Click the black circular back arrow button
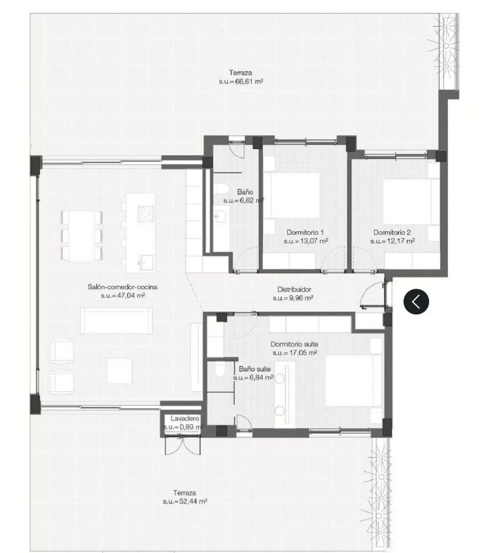click(416, 301)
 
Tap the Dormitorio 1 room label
click(305, 233)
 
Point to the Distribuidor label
click(294, 289)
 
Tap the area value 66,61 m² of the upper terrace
click(241, 82)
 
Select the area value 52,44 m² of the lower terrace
click(185, 501)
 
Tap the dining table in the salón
click(81, 235)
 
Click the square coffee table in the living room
click(119, 370)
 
